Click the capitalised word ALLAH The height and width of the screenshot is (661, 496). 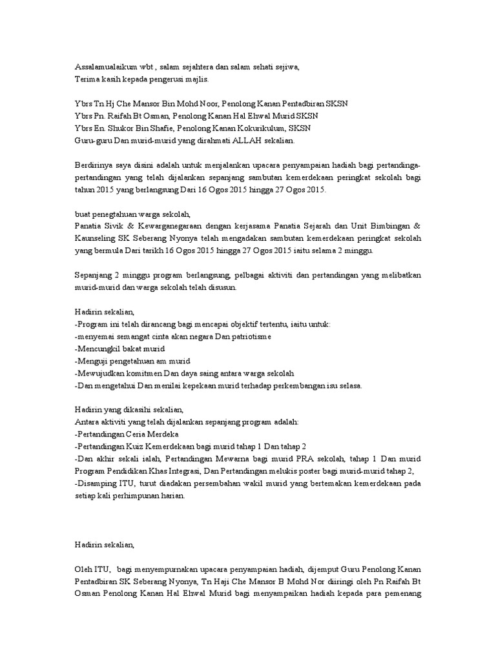pyautogui.click(x=240, y=139)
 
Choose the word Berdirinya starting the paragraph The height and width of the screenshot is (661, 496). pyautogui.click(x=94, y=165)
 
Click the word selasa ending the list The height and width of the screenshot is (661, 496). pyautogui.click(x=349, y=385)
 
